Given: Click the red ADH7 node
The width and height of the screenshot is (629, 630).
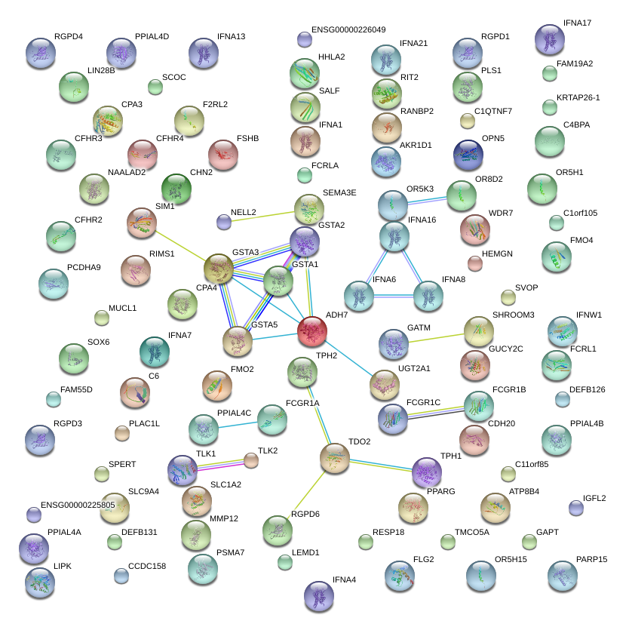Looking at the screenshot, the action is (312, 330).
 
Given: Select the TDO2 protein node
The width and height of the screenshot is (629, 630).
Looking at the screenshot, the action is (335, 458).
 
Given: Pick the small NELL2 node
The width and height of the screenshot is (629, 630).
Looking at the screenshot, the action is (224, 221).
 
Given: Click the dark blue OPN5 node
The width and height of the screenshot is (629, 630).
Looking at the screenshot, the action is (468, 154).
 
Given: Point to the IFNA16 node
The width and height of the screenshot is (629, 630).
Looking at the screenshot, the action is (394, 237).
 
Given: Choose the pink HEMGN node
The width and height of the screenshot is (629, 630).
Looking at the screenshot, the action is (474, 263).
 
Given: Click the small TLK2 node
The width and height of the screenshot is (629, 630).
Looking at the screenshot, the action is (250, 460).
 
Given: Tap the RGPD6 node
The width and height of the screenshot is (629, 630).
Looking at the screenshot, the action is (278, 530).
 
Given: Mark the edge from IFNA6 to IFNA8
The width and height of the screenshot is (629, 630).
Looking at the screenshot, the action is (393, 297).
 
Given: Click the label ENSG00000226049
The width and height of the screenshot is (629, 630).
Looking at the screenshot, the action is (348, 30).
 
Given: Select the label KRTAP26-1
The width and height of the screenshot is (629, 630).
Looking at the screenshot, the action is (578, 98).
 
